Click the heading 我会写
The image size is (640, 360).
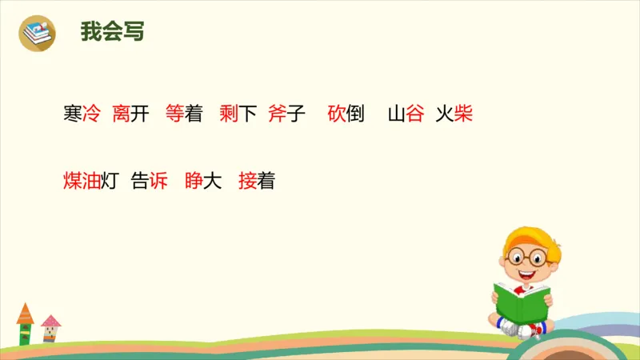[112, 32]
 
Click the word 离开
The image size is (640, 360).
[131, 114]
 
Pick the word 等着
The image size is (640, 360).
[183, 114]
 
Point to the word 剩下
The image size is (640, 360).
[238, 114]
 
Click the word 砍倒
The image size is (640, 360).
[346, 114]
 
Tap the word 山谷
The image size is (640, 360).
[406, 114]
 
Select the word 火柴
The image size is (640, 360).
[454, 114]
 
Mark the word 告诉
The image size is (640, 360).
[150, 182]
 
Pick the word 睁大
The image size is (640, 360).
[202, 182]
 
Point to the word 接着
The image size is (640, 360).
[257, 182]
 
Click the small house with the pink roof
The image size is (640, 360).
[50, 328]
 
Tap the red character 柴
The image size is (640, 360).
[463, 114]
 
